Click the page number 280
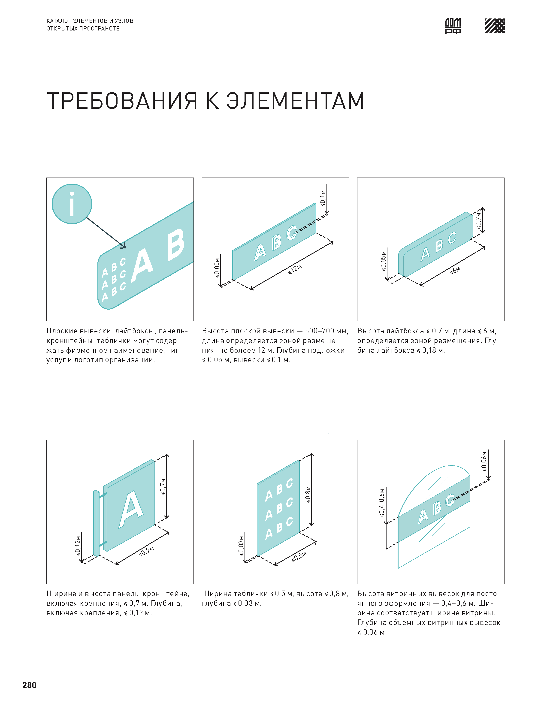point(29,685)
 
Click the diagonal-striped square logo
point(495,26)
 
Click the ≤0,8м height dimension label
point(308,494)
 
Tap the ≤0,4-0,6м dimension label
point(382,503)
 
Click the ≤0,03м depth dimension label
point(241,546)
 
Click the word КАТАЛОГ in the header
point(59,21)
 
